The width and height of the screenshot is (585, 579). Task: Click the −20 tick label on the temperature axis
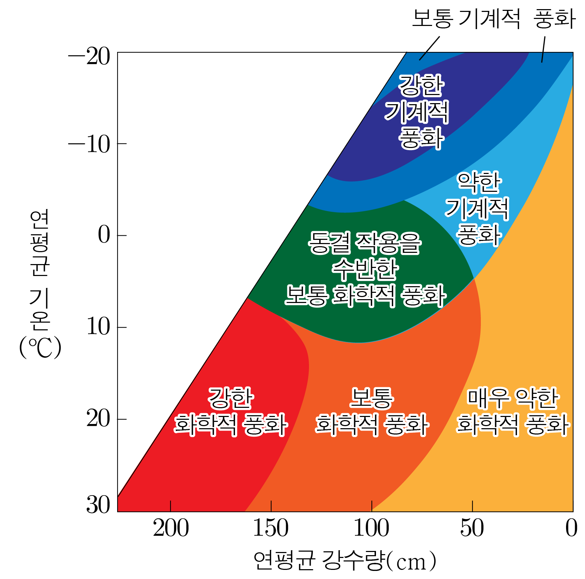89,56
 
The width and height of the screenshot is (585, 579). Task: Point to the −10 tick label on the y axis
89,144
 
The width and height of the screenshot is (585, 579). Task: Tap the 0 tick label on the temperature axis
104,235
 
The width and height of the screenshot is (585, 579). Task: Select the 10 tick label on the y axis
98,327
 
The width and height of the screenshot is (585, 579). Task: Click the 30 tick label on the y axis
98,505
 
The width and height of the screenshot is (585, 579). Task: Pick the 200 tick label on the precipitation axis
171,528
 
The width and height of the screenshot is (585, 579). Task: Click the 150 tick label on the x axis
271,528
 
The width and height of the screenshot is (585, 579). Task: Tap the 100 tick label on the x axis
371,528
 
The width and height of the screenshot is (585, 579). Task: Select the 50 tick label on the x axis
472,528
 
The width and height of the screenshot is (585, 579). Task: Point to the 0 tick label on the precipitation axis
571,528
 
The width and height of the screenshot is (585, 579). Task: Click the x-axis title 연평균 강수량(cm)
345,561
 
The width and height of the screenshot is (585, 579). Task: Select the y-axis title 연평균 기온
39,270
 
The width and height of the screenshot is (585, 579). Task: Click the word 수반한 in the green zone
365,269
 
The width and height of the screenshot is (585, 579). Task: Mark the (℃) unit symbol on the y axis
40,348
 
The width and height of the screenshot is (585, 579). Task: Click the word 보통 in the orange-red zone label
372,398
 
